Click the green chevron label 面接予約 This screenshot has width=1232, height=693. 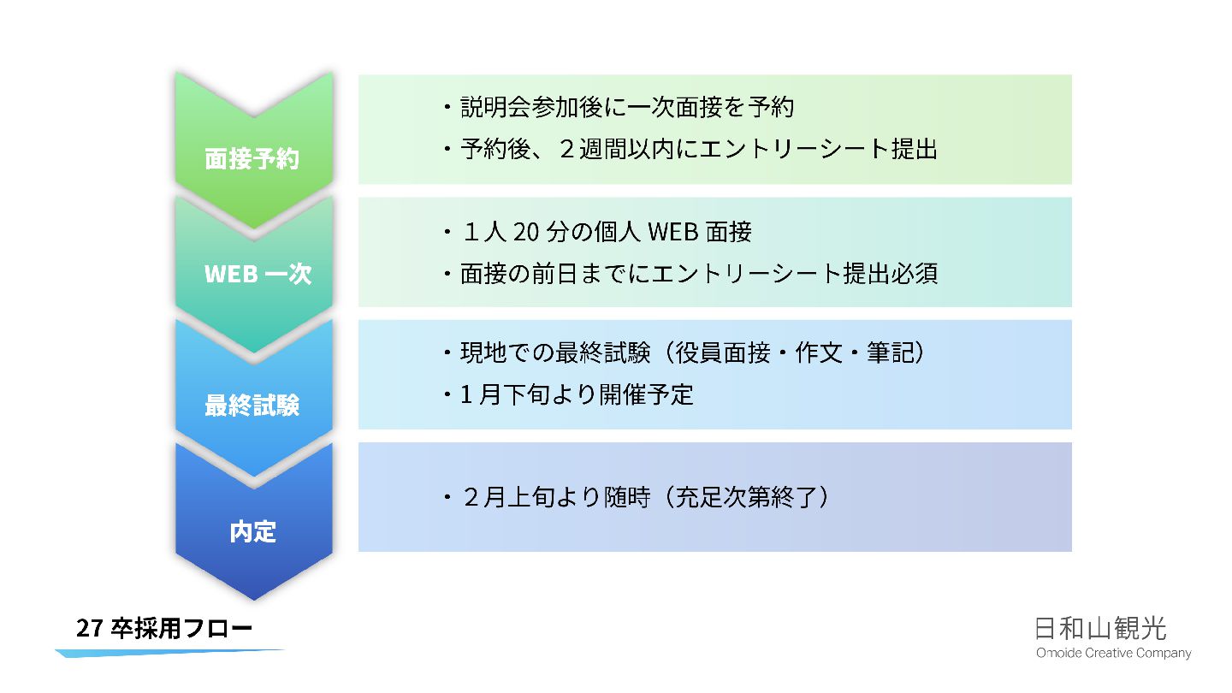pyautogui.click(x=252, y=159)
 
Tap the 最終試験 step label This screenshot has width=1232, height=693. pyautogui.click(x=252, y=404)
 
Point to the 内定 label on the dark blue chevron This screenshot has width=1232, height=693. pyautogui.click(x=253, y=531)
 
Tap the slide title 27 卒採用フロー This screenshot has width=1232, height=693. pyautogui.click(x=164, y=629)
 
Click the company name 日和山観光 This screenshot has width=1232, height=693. pyautogui.click(x=1100, y=629)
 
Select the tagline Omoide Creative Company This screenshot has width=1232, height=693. pyautogui.click(x=1113, y=654)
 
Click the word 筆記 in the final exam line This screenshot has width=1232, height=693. pyautogui.click(x=890, y=353)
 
